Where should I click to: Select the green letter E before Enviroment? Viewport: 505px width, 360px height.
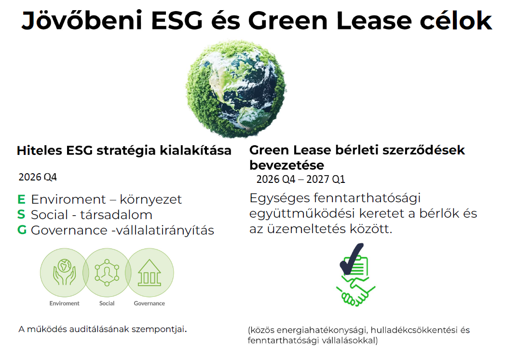coord(21,199)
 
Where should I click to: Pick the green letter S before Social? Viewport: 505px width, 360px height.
coord(21,215)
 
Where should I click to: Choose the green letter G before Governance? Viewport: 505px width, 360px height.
coord(22,230)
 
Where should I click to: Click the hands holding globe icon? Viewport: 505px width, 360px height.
coord(65,273)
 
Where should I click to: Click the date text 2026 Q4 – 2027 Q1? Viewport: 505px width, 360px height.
coord(300,180)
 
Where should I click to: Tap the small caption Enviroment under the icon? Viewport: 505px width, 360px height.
coord(64,304)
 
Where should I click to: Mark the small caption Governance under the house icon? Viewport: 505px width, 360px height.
coord(149,304)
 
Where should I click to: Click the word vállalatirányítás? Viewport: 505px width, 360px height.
coord(164,230)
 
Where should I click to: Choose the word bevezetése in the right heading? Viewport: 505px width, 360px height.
coord(287,165)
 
